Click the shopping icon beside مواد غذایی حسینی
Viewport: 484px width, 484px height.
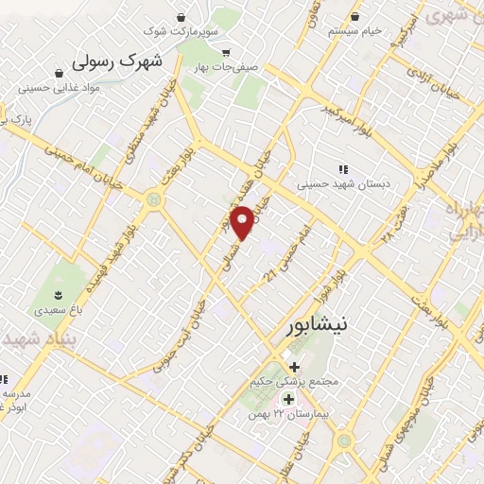tap(60, 73)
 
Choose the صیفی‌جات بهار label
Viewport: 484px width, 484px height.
tap(214, 68)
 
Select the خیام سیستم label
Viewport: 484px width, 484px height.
tap(354, 31)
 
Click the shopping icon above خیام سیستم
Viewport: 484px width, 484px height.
tap(354, 16)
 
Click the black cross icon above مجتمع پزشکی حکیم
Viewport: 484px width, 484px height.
tap(293, 367)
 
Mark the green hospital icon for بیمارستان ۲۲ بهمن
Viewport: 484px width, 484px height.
tap(287, 400)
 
